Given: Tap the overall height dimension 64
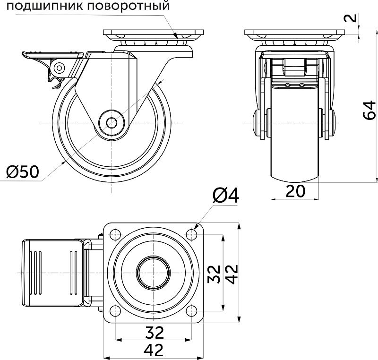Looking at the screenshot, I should (x=370, y=110).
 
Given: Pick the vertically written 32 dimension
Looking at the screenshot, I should (x=215, y=274).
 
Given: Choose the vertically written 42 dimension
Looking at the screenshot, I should (x=232, y=274).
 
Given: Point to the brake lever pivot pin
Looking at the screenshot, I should (x=59, y=68).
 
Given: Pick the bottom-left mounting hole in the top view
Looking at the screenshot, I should (x=114, y=310).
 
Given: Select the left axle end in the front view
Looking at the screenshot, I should (x=258, y=123).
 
